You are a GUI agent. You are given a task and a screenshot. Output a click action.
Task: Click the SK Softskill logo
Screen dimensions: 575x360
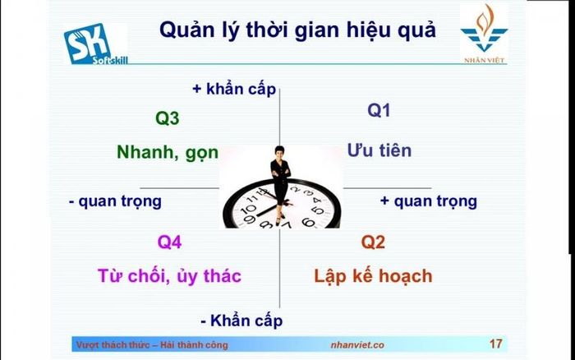[x=96, y=44]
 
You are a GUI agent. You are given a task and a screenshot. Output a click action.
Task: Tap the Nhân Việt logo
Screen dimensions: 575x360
[x=484, y=34]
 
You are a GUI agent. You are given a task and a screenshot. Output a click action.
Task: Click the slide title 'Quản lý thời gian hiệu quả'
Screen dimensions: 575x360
[x=297, y=30]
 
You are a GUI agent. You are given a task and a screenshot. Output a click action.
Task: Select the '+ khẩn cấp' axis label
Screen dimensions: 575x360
[x=234, y=89]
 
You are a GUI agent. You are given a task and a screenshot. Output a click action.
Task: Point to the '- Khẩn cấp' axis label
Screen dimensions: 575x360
[x=241, y=321]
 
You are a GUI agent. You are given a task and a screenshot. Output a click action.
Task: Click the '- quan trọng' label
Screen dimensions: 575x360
[x=115, y=201]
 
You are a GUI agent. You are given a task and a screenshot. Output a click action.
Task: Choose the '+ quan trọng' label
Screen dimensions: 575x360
[x=429, y=201]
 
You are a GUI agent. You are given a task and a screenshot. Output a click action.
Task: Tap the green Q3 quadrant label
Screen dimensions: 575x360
[x=168, y=118]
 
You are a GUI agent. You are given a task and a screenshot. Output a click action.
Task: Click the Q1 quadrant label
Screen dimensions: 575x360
[x=379, y=110]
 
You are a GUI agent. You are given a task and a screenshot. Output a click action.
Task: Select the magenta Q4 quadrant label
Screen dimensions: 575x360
[x=169, y=242]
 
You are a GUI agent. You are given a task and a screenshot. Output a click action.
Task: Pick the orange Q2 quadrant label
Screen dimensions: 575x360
[x=373, y=242]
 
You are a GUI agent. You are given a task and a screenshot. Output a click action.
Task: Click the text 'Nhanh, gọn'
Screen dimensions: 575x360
[x=168, y=152]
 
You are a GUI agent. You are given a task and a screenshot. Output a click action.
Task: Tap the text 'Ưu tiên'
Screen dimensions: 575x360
[x=379, y=150]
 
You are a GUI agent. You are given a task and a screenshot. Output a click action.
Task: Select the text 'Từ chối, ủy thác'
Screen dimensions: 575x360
[x=169, y=276]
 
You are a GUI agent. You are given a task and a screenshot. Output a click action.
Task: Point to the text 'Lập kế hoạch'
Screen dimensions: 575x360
[x=373, y=276]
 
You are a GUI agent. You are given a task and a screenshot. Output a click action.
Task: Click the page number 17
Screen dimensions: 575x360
[x=496, y=344]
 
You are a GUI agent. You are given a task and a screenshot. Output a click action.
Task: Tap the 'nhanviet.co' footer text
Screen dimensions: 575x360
[x=357, y=345]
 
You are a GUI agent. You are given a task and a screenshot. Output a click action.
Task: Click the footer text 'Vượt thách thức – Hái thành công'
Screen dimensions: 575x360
[x=152, y=345]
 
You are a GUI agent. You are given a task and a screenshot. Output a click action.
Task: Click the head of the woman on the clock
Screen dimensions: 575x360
[x=280, y=151]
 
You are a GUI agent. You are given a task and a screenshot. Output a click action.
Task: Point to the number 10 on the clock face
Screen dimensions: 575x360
[x=248, y=209]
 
